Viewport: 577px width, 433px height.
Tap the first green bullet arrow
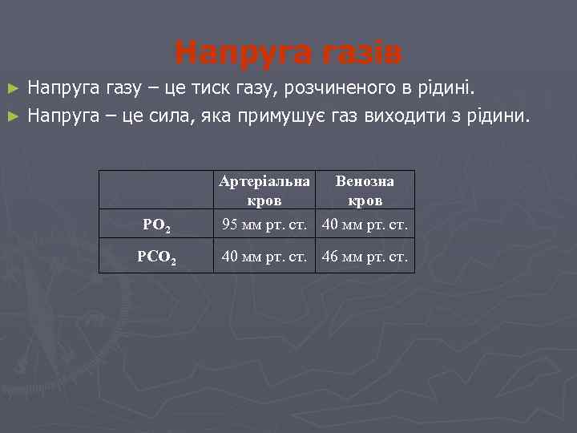pyautogui.click(x=11, y=86)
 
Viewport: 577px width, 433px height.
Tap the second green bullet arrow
pyautogui.click(x=11, y=116)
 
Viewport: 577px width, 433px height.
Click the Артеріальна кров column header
pyautogui.click(x=264, y=191)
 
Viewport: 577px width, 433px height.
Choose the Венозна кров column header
pyautogui.click(x=365, y=191)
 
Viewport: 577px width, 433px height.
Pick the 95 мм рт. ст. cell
pyautogui.click(x=264, y=225)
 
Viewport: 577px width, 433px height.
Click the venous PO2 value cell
pyautogui.click(x=365, y=225)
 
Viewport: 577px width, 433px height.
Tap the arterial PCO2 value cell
pyautogui.click(x=264, y=257)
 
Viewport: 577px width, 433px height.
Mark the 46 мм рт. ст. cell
pyautogui.click(x=365, y=257)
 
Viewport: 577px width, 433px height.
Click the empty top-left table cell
pyautogui.click(x=156, y=192)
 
